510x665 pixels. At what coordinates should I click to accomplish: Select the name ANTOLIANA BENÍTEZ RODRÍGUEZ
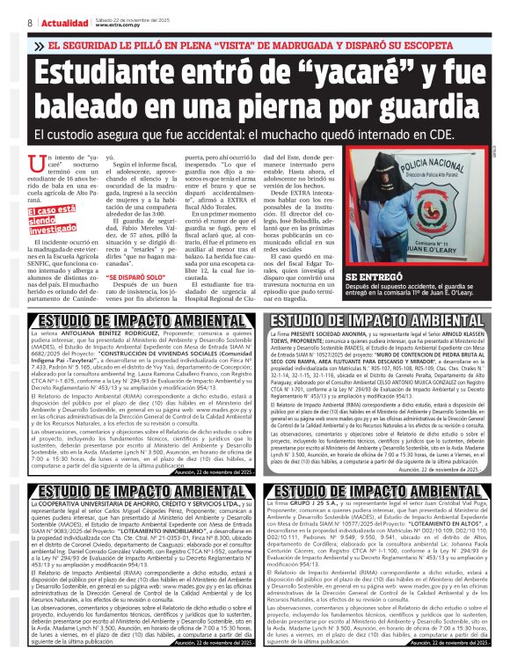[112, 336]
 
